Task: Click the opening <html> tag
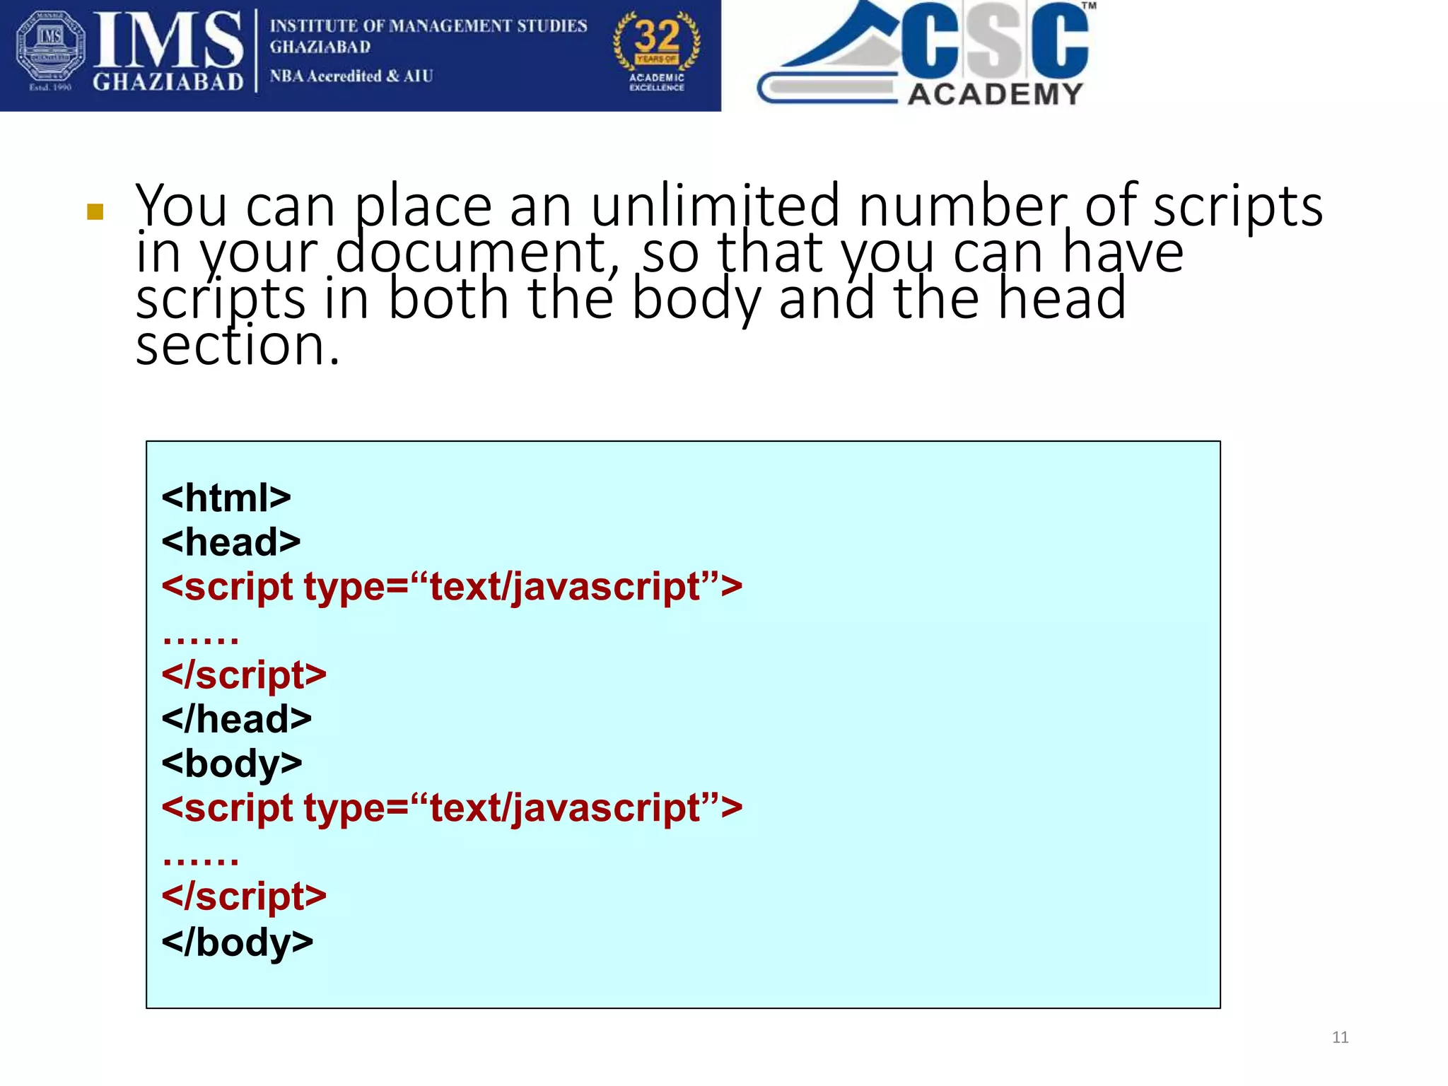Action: (226, 498)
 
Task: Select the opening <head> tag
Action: (231, 543)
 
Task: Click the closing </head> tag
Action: (237, 720)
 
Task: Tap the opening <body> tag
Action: (232, 764)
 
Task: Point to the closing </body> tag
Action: (238, 942)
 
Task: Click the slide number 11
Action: (1340, 1037)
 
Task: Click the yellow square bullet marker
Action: (95, 212)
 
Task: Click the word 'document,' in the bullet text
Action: (477, 253)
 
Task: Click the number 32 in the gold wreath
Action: (657, 35)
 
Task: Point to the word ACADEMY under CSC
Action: (995, 94)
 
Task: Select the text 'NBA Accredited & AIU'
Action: (351, 76)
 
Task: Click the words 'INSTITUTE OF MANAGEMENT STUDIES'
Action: (428, 26)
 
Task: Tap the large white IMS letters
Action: (168, 41)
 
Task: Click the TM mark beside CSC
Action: (1089, 6)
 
